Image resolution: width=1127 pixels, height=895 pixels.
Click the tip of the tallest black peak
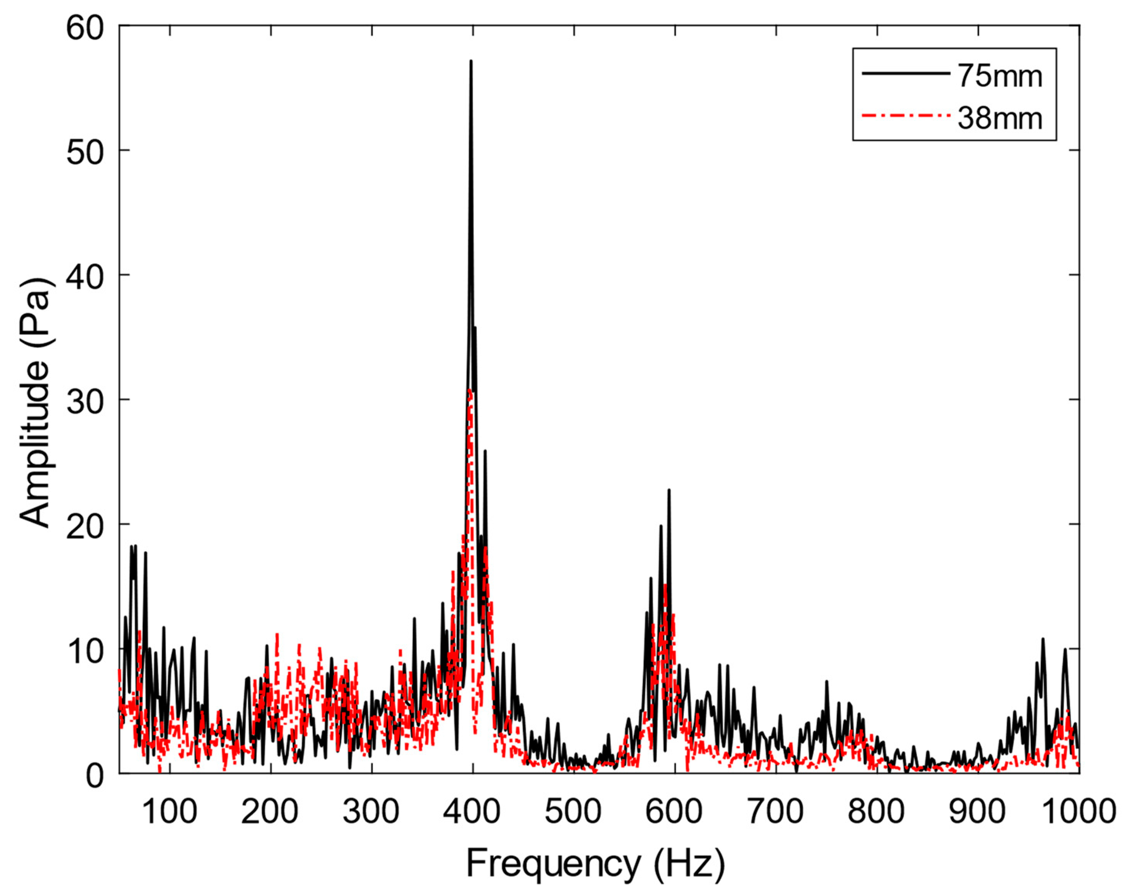(471, 61)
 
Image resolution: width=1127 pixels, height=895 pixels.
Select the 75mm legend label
(1000, 76)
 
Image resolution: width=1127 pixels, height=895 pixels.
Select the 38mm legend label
(1000, 119)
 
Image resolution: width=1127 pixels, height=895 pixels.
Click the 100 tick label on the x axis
(169, 812)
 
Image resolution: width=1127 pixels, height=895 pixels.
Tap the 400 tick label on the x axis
(473, 812)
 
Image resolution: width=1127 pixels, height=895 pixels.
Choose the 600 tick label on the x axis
(675, 812)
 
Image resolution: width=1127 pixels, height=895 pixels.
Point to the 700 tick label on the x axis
(776, 812)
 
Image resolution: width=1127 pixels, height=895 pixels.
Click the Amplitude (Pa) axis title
(35, 402)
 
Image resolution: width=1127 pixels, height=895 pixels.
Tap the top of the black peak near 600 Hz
(669, 490)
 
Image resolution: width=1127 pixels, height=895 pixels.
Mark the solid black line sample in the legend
(905, 74)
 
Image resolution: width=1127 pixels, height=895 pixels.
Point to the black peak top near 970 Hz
(1043, 639)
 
